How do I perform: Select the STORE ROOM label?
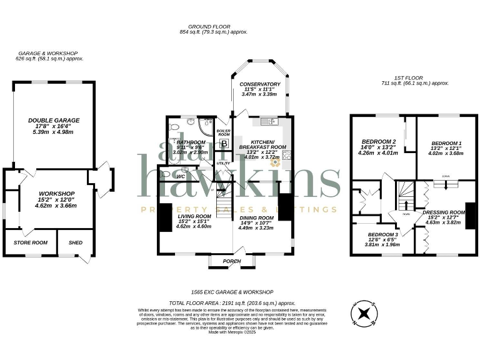(x=27, y=242)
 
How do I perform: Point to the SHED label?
(x=75, y=242)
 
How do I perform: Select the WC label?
(x=181, y=177)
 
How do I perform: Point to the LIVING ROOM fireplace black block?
(x=165, y=217)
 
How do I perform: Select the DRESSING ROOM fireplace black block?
(x=470, y=216)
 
